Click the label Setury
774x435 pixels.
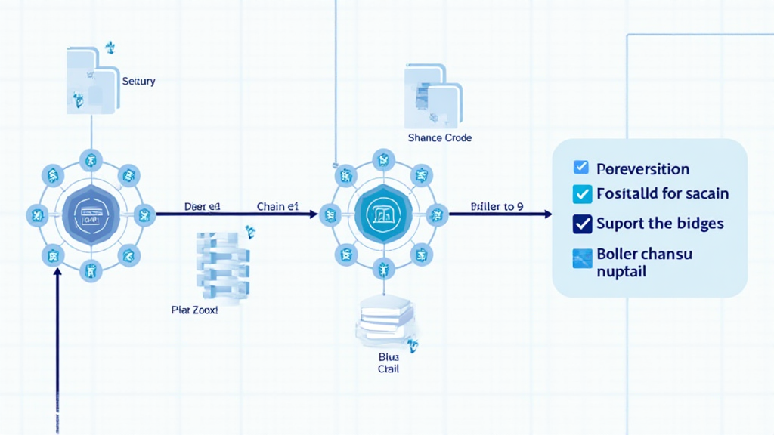click(138, 81)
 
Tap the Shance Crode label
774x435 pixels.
click(439, 138)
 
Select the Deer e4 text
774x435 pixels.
click(202, 206)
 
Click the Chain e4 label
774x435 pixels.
click(279, 206)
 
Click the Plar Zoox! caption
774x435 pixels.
click(195, 310)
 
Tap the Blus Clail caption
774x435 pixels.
click(389, 362)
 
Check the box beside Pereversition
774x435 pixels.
click(581, 168)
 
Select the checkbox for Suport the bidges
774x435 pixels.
click(582, 224)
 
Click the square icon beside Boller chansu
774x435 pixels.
click(582, 259)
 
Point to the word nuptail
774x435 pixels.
click(621, 271)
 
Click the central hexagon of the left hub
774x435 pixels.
click(91, 214)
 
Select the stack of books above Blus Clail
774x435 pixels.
click(385, 318)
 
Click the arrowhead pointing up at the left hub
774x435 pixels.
click(57, 273)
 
